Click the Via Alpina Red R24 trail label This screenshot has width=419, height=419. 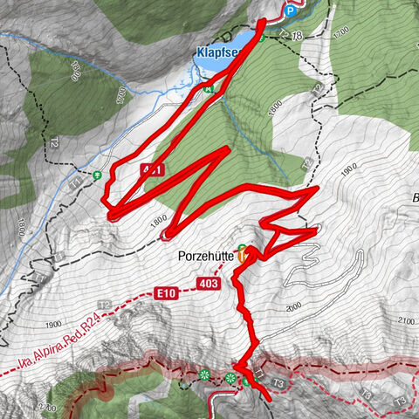[x=52, y=343]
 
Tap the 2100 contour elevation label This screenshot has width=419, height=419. [x=405, y=321]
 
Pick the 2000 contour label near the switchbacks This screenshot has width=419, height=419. [x=292, y=305]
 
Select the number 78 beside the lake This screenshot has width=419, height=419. [x=297, y=35]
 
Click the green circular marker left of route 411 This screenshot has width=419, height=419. [x=97, y=175]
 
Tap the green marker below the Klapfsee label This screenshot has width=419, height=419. [x=208, y=87]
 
